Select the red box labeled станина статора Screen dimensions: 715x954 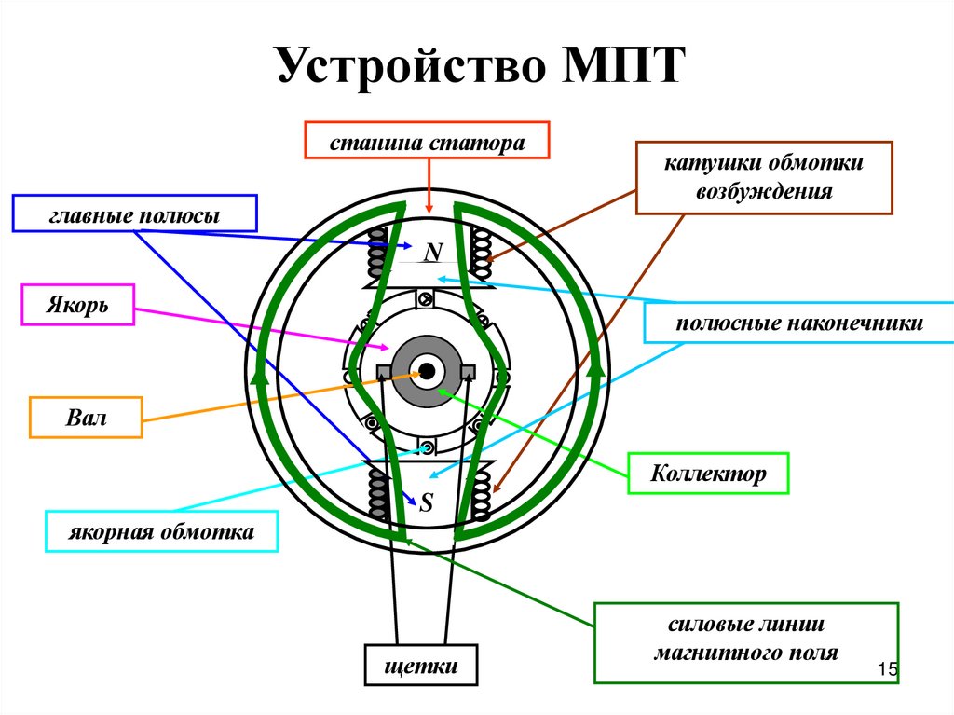point(428,143)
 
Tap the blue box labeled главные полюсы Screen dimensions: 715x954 point(134,213)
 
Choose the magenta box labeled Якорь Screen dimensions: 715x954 point(77,306)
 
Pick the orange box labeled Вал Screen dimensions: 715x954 point(86,418)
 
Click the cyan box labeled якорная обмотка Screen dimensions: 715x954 point(161,532)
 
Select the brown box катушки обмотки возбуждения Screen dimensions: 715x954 point(764,177)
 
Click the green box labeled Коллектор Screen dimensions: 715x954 point(708,474)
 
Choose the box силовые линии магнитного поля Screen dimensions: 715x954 point(746,641)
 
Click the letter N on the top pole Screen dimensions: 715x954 point(431,252)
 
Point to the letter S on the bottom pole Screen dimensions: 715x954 point(427,503)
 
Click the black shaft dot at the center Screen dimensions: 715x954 point(427,372)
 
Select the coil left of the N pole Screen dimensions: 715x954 point(378,253)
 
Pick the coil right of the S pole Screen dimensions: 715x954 point(482,495)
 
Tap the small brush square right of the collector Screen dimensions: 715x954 point(469,371)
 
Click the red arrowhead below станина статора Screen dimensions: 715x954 point(429,205)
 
